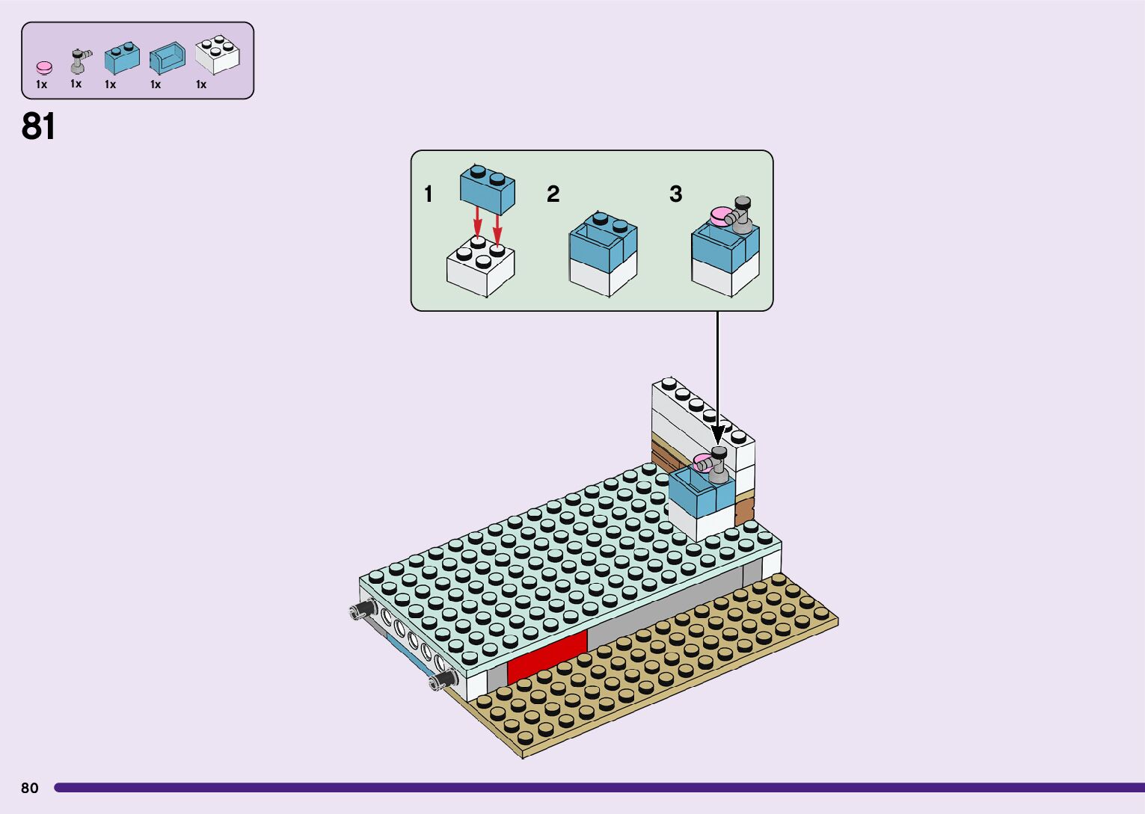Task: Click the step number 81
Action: [x=38, y=126]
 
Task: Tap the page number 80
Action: [x=29, y=788]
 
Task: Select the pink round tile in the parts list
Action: [x=44, y=68]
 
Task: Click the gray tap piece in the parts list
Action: [x=78, y=61]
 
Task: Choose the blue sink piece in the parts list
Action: [x=167, y=58]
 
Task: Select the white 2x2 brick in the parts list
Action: [x=217, y=55]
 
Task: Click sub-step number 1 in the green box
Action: [x=428, y=194]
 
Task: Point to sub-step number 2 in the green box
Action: [x=553, y=194]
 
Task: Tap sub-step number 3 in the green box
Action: [x=675, y=194]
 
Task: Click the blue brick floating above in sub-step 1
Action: [x=487, y=186]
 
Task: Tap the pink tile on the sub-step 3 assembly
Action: [x=721, y=216]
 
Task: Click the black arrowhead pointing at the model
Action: [x=718, y=434]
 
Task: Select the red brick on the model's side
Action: [x=547, y=658]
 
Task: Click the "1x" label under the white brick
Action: [x=201, y=84]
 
